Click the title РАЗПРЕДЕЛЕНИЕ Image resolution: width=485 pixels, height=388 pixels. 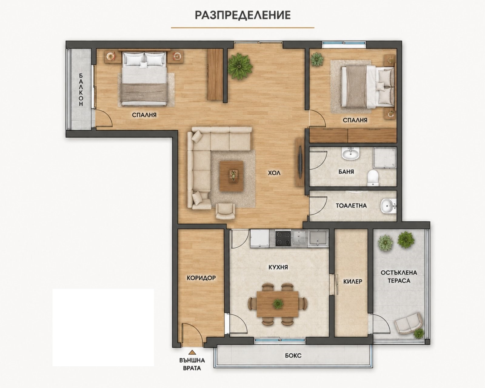coord(243,15)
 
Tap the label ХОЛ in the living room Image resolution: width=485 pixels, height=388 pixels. coord(274,173)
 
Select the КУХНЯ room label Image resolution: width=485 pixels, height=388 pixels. coord(278,267)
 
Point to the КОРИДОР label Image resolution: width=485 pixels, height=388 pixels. coord(201,278)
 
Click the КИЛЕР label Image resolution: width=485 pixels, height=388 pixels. coord(353,281)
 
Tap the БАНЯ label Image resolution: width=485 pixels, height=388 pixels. coord(346,172)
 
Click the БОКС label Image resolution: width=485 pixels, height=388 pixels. coord(293,356)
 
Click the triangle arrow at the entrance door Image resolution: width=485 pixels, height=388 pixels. coord(192,352)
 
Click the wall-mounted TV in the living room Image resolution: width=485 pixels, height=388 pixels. coord(300,162)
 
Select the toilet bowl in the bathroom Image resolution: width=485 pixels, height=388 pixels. coord(373,178)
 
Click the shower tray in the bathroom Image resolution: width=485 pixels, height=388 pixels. coord(385,158)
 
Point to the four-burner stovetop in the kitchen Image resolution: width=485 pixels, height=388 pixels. coord(283,239)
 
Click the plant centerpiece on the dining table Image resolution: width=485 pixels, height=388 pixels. coord(278,304)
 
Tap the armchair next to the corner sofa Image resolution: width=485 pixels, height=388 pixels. coord(225,211)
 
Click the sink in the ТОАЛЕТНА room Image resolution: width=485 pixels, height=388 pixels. coord(388,206)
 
